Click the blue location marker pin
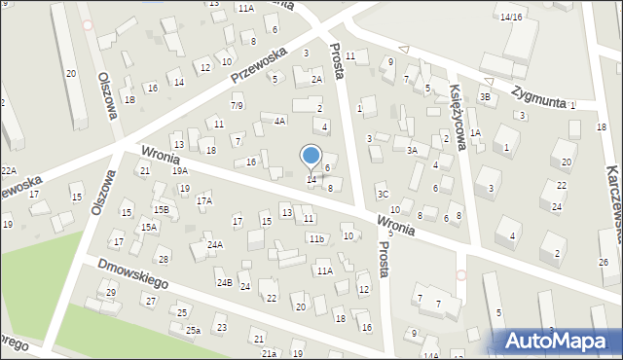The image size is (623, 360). pyautogui.click(x=311, y=157)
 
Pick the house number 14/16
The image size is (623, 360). pyautogui.click(x=511, y=17)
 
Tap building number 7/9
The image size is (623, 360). pyautogui.click(x=237, y=105)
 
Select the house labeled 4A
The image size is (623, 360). pyautogui.click(x=279, y=121)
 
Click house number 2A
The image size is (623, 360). pyautogui.click(x=315, y=81)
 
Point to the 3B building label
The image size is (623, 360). pyautogui.click(x=485, y=96)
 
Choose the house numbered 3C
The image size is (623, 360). pyautogui.click(x=383, y=195)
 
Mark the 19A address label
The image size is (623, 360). pyautogui.click(x=180, y=170)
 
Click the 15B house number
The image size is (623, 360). pyautogui.click(x=161, y=209)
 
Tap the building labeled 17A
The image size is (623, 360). pyautogui.click(x=204, y=200)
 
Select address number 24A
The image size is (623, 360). pyautogui.click(x=215, y=245)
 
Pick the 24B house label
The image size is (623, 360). pyautogui.click(x=224, y=282)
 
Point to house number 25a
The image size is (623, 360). pyautogui.click(x=194, y=331)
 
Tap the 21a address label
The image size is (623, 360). pyautogui.click(x=269, y=354)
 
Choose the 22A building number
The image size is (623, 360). pyautogui.click(x=8, y=170)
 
